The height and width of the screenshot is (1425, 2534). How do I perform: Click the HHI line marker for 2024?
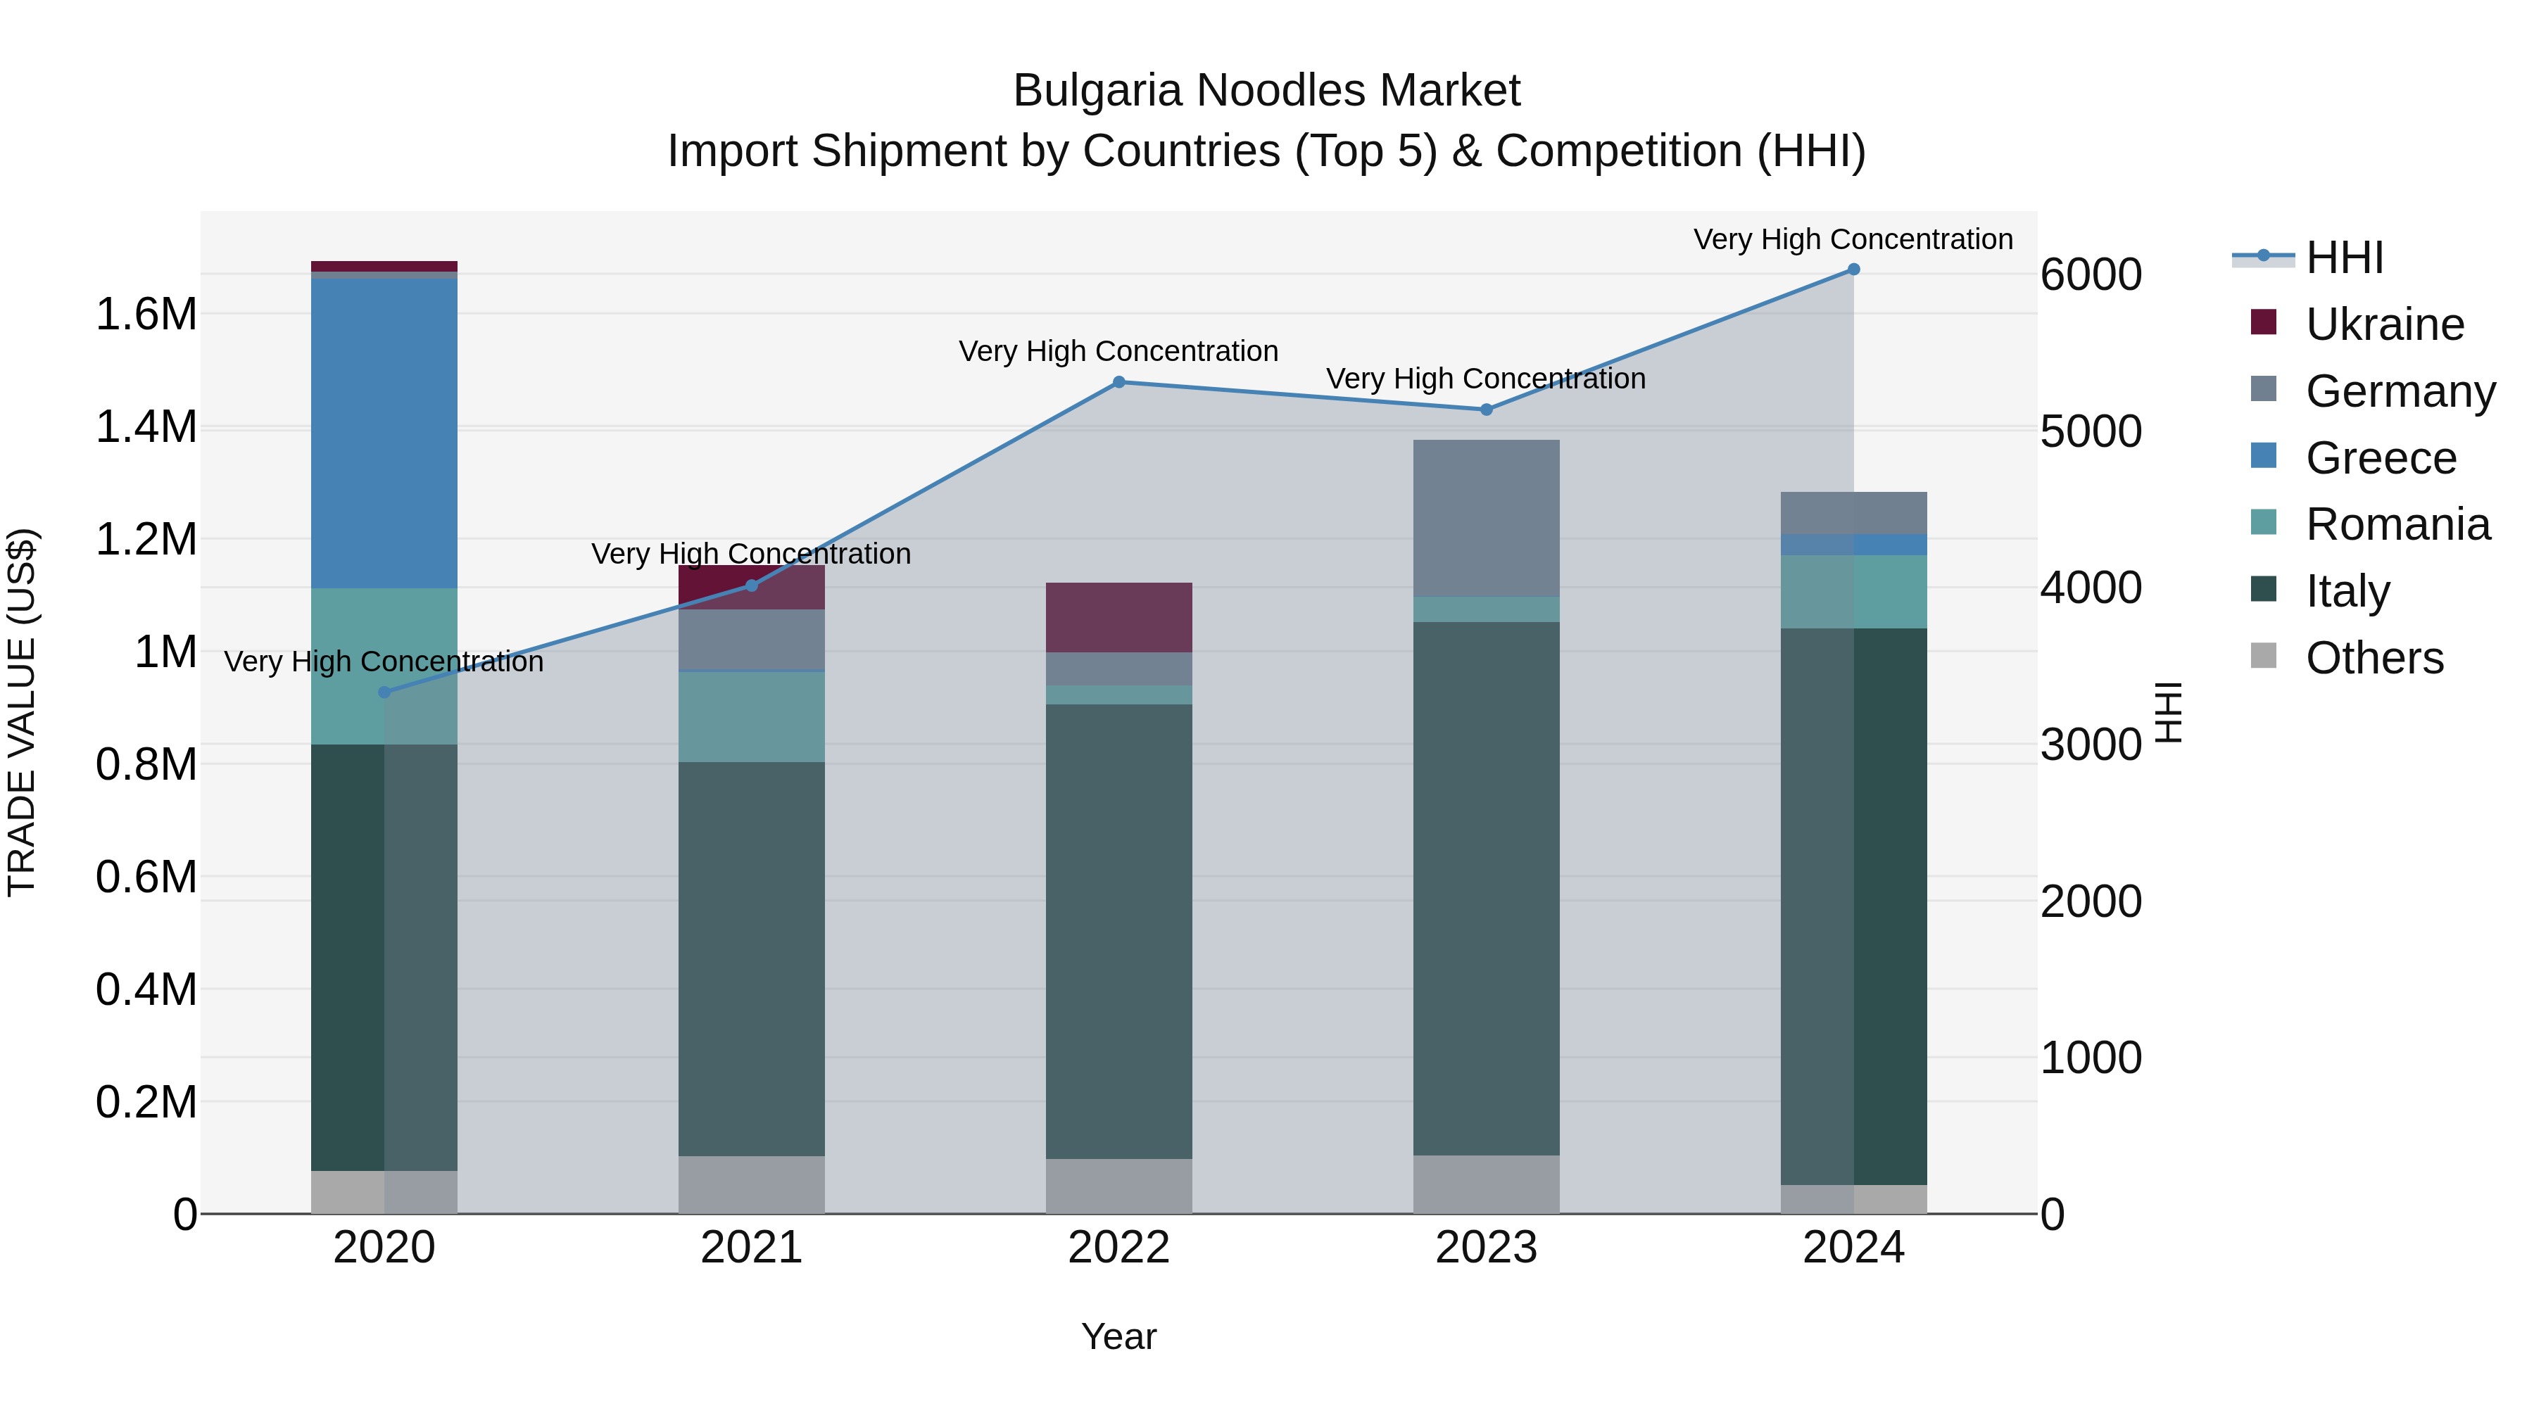tap(1853, 270)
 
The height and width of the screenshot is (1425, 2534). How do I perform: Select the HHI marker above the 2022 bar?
tap(1118, 383)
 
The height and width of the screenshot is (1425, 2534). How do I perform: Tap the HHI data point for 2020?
tap(384, 692)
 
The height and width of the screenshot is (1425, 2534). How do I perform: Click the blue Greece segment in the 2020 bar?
tap(384, 433)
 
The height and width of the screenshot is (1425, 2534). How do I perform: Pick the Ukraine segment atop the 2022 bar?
tap(1118, 618)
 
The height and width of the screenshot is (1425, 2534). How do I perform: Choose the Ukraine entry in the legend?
tap(2385, 324)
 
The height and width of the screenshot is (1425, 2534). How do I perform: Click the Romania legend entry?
tap(2397, 525)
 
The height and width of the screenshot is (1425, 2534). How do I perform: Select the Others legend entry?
tap(2374, 659)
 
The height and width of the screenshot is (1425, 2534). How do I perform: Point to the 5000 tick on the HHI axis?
tap(2091, 432)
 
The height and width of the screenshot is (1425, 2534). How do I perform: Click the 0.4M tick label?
tap(146, 990)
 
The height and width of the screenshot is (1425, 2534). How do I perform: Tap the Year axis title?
tap(1118, 1338)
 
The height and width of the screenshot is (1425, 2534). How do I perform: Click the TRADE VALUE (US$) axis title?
tap(23, 712)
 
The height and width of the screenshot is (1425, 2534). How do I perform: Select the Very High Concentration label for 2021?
tap(752, 555)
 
